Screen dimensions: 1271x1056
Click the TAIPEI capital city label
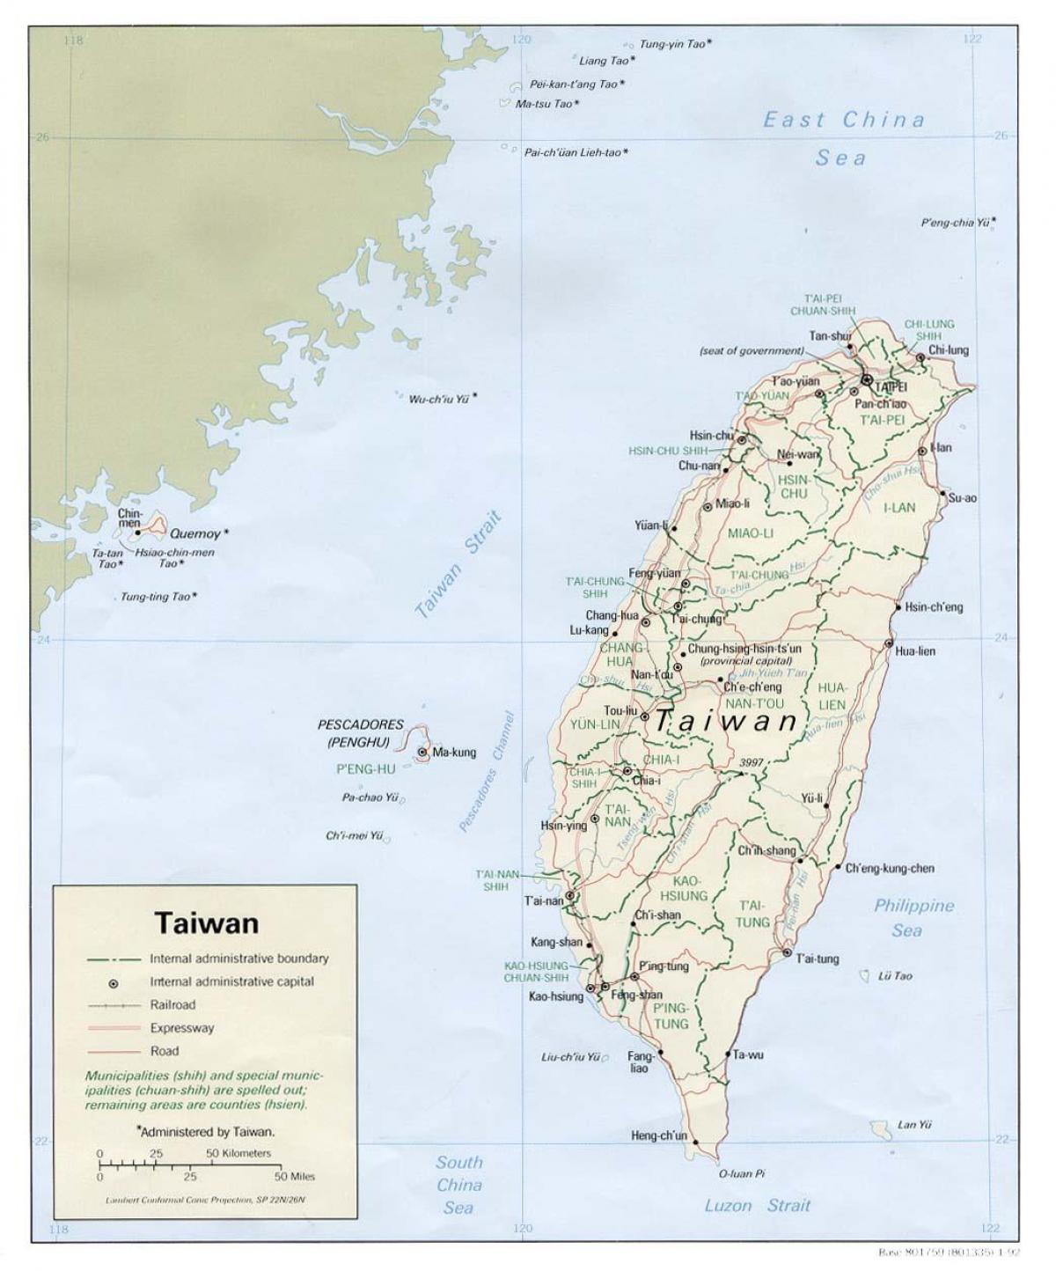click(891, 386)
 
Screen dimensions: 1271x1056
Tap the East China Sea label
click(842, 138)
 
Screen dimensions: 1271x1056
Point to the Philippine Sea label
click(913, 917)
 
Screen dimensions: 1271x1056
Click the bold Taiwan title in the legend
click(207, 922)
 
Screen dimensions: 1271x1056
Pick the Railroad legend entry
click(172, 1004)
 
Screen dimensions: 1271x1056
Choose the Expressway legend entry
click(181, 1027)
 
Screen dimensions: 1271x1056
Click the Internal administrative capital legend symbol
click(114, 981)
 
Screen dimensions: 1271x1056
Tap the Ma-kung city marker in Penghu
click(423, 752)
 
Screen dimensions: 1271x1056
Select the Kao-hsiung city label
click(555, 996)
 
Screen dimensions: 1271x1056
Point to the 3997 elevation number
click(752, 762)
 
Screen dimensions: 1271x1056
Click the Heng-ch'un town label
click(658, 1135)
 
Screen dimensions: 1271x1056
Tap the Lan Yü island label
click(914, 1124)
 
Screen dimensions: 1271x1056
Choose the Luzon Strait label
click(757, 1205)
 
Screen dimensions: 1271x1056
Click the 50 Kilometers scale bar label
click(238, 1152)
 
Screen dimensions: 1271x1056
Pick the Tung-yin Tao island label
click(673, 43)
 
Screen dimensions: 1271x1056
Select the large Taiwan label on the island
click(726, 722)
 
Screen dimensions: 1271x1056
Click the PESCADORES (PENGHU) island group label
click(360, 733)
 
